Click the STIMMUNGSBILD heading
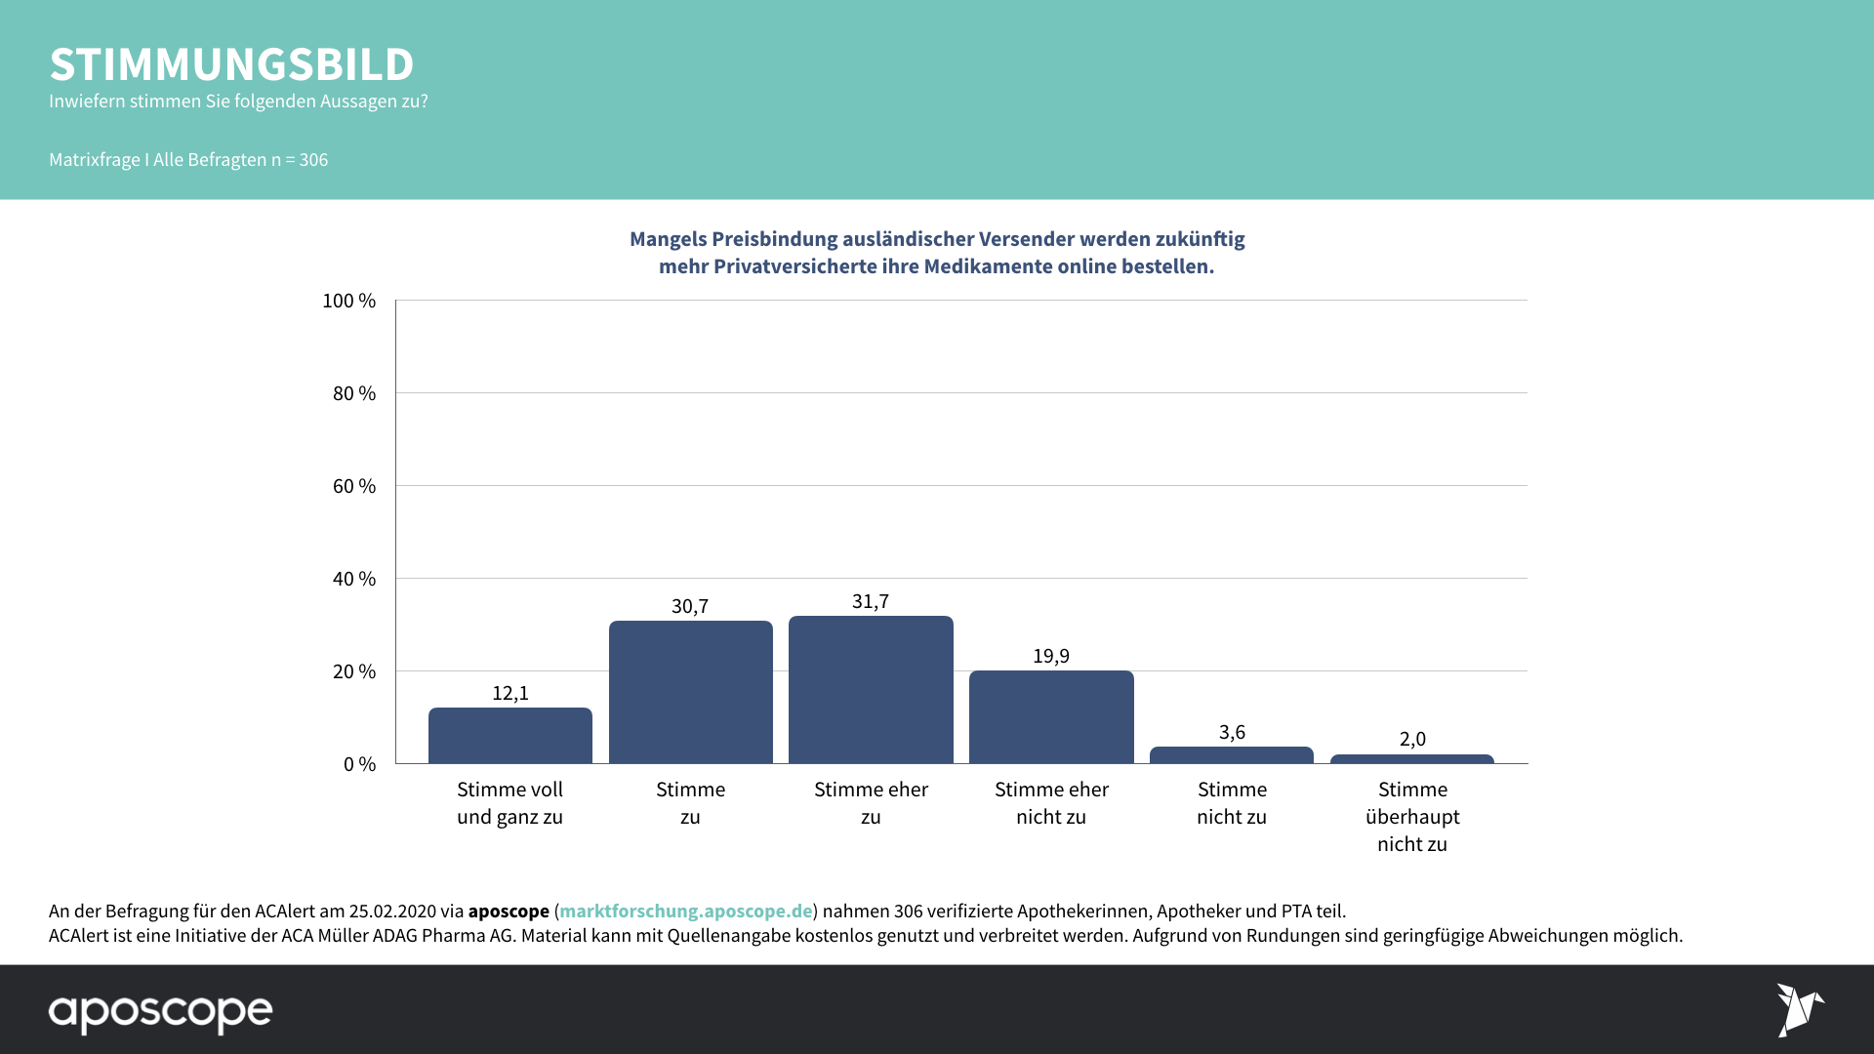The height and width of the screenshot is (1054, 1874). [231, 64]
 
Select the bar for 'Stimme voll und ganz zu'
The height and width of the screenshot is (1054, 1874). [509, 735]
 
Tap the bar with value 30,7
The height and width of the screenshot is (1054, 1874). [690, 692]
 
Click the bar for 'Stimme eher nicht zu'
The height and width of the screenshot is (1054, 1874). [1051, 716]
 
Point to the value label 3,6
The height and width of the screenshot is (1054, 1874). [1232, 732]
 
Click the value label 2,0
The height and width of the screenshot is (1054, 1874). [1412, 739]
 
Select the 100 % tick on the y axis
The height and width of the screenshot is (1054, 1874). [348, 301]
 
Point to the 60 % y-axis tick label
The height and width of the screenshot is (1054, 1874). [353, 486]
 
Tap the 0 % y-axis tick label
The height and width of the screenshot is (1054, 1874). [359, 764]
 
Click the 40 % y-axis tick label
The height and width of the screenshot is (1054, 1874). [353, 579]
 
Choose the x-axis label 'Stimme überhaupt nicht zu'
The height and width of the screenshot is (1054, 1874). [1412, 816]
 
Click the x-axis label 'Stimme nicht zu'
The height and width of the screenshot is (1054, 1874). [1232, 802]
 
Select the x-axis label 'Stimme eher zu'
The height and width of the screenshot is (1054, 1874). [871, 802]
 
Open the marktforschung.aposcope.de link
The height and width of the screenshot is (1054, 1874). [685, 911]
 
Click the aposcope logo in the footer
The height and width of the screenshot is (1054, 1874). [160, 1013]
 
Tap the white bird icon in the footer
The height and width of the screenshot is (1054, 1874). [1799, 1010]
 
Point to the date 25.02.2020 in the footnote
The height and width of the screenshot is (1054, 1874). [392, 911]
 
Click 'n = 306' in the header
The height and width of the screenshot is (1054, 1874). [300, 159]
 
